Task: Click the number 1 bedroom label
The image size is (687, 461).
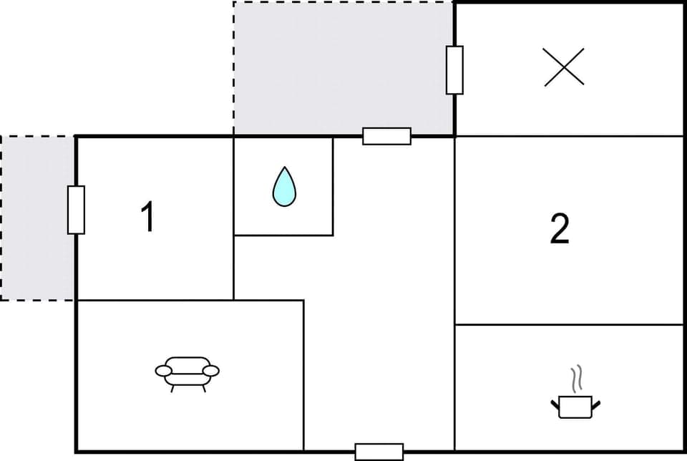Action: click(147, 217)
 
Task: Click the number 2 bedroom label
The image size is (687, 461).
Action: click(560, 229)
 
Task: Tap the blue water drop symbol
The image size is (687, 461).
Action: click(284, 187)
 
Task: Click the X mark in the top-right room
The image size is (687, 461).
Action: click(564, 67)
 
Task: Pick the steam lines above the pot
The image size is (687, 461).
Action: click(576, 378)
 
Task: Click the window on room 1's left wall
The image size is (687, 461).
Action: click(76, 210)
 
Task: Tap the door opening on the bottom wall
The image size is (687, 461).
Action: click(379, 452)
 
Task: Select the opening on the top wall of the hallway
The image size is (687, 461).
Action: click(386, 136)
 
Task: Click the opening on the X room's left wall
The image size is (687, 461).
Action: click(454, 69)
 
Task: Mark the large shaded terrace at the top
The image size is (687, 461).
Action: click(343, 68)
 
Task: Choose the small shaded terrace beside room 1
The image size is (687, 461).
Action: click(38, 218)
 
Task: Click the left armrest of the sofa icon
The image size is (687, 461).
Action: click(164, 370)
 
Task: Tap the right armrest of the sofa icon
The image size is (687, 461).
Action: click(211, 370)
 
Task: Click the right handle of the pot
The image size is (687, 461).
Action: click(596, 406)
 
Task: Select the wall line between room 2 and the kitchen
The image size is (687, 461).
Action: click(569, 325)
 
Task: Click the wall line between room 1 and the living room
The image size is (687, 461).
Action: click(155, 301)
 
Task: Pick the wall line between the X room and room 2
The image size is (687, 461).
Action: click(569, 136)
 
